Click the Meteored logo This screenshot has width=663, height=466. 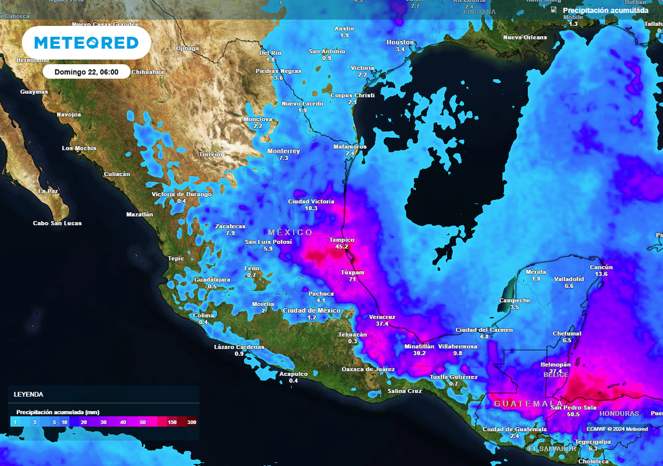(86, 43)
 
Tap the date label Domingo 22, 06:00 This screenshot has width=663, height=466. (86, 72)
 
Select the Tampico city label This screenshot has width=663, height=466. (342, 239)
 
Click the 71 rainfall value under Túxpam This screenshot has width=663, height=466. (353, 280)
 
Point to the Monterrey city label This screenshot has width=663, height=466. (284, 151)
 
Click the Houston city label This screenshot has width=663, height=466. (399, 42)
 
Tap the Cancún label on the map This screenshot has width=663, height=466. (601, 267)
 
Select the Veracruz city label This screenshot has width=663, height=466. (382, 316)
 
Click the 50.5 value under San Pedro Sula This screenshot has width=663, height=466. (573, 414)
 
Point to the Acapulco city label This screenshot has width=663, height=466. (293, 373)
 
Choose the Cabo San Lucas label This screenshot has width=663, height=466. (58, 223)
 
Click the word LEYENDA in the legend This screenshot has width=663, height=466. (28, 394)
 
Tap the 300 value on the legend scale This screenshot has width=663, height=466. (192, 422)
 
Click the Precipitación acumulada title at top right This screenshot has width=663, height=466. (605, 10)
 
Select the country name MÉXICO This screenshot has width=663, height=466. (290, 232)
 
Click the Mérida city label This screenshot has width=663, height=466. (535, 271)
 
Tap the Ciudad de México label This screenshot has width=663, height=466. (311, 310)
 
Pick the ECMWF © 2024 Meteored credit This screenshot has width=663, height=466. (617, 428)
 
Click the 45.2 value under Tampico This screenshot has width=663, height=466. (342, 247)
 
